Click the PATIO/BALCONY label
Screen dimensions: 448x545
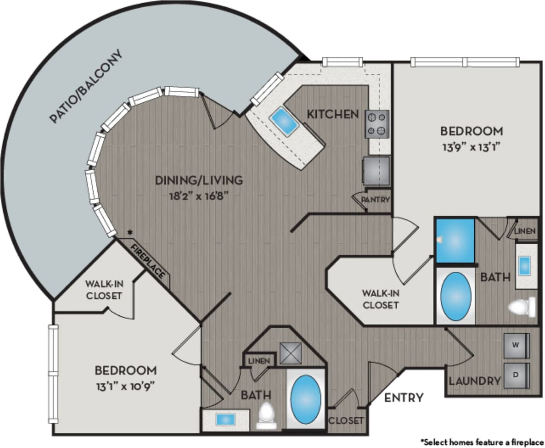86,87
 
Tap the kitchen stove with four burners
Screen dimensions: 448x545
377,124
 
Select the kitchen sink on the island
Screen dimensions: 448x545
284,121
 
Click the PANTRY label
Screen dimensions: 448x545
376,199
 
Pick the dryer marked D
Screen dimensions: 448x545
516,375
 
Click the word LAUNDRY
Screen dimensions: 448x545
474,381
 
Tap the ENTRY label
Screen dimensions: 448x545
404,398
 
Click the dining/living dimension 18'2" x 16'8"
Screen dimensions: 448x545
199,196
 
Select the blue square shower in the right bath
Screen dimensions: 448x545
454,240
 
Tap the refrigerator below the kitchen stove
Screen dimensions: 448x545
376,171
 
